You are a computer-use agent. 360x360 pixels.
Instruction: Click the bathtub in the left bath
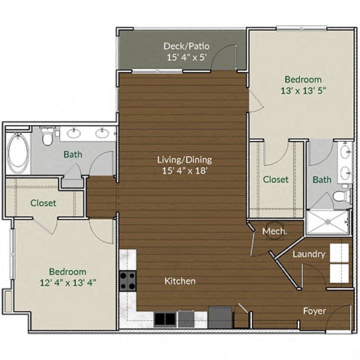coord(17,152)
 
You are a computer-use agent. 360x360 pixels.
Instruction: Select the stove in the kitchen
coord(127,281)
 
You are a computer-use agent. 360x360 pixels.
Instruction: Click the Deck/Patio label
coord(186,46)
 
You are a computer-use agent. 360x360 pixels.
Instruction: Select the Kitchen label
coord(180,281)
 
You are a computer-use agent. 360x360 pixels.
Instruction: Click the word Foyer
coord(313,310)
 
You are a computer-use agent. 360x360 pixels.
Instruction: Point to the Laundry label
coord(308,254)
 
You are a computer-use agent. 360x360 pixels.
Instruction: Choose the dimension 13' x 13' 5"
coord(302,92)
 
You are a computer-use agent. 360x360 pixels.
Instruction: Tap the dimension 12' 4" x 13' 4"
coord(67,283)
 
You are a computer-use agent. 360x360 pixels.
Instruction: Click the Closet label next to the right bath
coord(276,179)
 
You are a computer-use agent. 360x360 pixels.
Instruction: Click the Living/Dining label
coord(184,159)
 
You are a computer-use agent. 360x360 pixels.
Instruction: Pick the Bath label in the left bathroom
coord(73,154)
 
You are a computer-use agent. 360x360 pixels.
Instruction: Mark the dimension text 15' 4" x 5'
coord(186,58)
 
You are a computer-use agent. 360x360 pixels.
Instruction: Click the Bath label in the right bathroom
coord(322,180)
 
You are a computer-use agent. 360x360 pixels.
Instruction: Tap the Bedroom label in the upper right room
coord(303,79)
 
